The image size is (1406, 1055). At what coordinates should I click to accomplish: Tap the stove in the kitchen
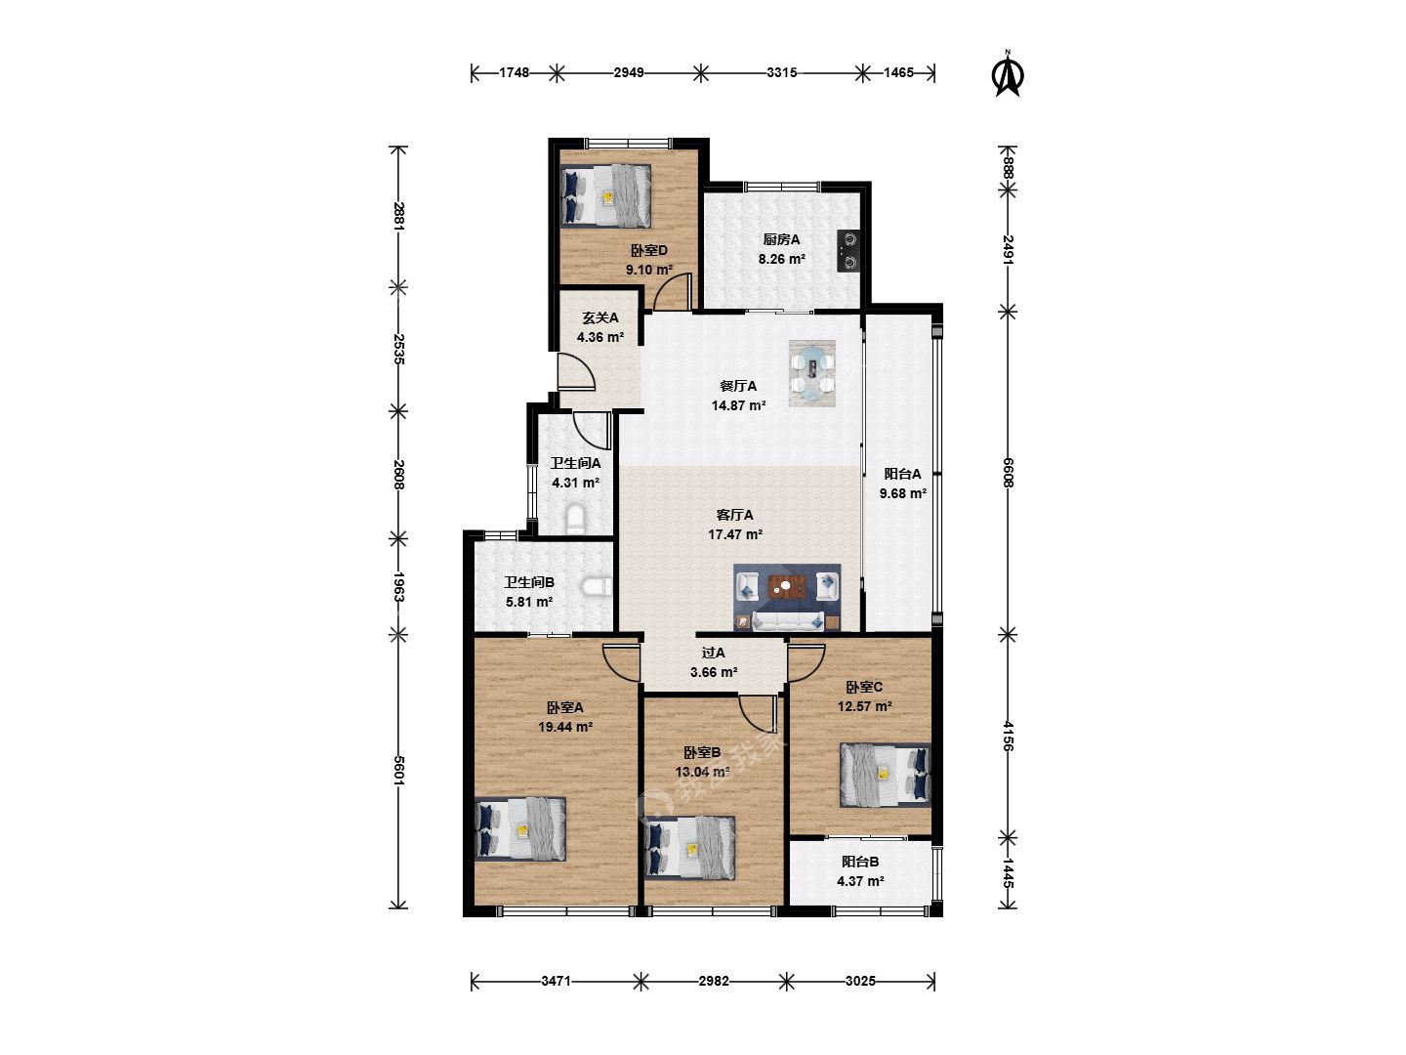pos(848,250)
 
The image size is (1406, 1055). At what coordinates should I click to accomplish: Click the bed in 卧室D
pos(605,196)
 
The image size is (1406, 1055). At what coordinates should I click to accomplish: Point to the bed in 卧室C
pos(885,775)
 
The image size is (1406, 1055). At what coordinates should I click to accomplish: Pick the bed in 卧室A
pos(520,829)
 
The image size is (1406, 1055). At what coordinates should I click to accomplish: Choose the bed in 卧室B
pos(690,848)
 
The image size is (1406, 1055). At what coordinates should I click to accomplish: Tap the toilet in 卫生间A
pos(576,519)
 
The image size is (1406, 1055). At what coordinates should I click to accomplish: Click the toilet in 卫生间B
pos(597,587)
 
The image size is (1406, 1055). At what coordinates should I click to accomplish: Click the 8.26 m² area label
pos(781,259)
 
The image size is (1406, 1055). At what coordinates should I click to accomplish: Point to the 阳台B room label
pos(860,862)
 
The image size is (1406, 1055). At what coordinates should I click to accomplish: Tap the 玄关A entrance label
pos(600,317)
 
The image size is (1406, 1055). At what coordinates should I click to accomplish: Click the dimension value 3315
pos(781,72)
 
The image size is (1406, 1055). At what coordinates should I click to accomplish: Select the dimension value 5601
pos(398,770)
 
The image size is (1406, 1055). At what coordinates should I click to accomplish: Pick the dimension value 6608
pos(1008,473)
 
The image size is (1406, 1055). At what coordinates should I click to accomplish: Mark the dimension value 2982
pos(714,981)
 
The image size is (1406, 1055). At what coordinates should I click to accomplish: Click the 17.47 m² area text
pos(735,534)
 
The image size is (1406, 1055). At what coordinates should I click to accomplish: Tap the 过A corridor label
pos(713,653)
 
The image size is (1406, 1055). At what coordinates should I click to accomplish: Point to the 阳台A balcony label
pos(902,474)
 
